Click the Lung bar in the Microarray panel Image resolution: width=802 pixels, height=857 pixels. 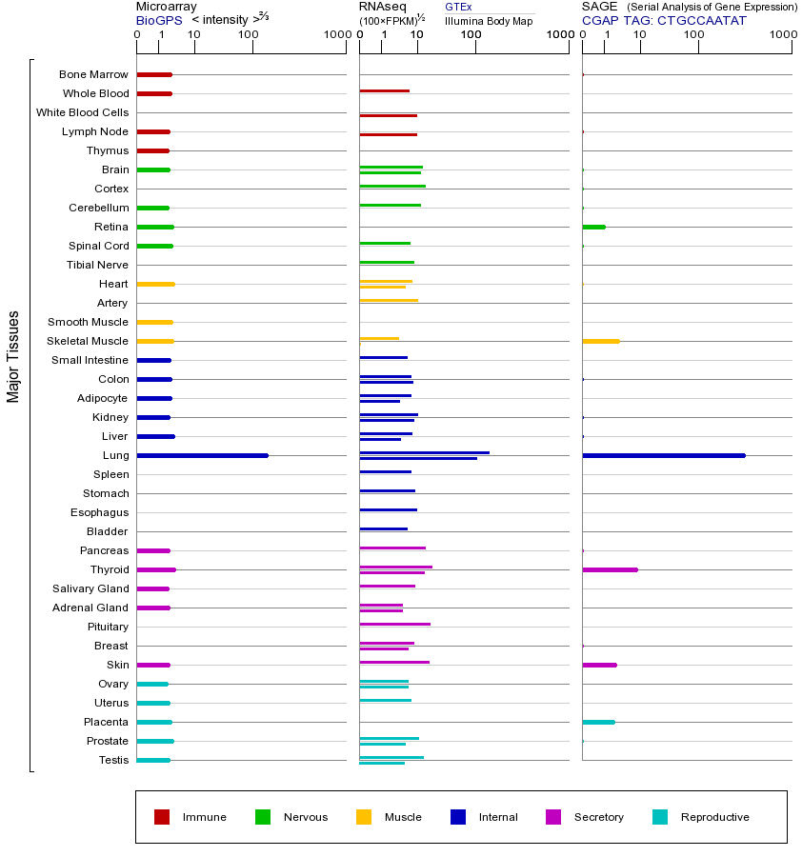(202, 455)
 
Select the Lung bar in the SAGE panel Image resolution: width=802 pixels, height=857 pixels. (663, 455)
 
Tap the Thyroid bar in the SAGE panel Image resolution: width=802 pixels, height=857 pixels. (610, 569)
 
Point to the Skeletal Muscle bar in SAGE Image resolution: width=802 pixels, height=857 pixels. (600, 341)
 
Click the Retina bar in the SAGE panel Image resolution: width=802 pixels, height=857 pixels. (593, 227)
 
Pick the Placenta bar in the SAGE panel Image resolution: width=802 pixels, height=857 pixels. (598, 722)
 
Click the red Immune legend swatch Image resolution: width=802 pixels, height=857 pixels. (162, 817)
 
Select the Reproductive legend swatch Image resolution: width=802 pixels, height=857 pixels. (660, 817)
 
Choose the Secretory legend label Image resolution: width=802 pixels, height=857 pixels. (598, 817)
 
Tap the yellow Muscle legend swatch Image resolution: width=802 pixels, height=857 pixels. (364, 817)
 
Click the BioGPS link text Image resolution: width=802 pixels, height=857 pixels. (157, 19)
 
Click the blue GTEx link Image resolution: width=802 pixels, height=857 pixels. (458, 7)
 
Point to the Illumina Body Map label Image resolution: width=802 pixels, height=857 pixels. (489, 20)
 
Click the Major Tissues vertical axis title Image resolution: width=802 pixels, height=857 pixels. (13, 356)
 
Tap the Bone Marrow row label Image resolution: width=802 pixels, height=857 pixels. (93, 74)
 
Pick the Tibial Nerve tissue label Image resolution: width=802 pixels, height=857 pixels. (97, 265)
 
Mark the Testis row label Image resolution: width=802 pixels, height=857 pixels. (113, 760)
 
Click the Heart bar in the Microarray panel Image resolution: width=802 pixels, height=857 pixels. (155, 284)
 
